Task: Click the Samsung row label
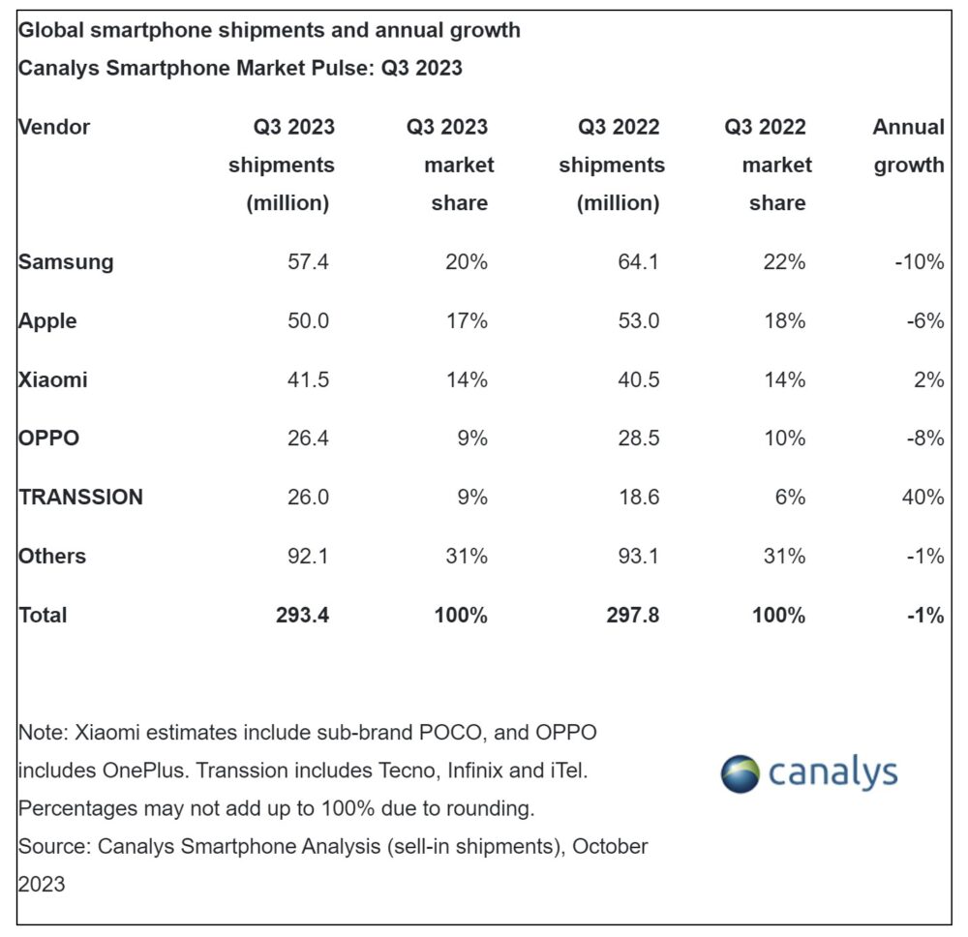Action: click(66, 262)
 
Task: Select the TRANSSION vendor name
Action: click(80, 498)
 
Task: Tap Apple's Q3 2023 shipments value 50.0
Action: click(307, 321)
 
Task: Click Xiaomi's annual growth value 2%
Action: click(928, 380)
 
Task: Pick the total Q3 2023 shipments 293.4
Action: click(302, 616)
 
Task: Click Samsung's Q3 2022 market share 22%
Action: click(783, 262)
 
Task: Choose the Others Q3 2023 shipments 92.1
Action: click(307, 557)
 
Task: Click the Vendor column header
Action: click(54, 127)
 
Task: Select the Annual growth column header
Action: click(908, 145)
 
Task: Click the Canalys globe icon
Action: click(741, 773)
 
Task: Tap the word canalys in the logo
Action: click(833, 773)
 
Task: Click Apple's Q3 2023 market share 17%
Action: click(466, 321)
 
